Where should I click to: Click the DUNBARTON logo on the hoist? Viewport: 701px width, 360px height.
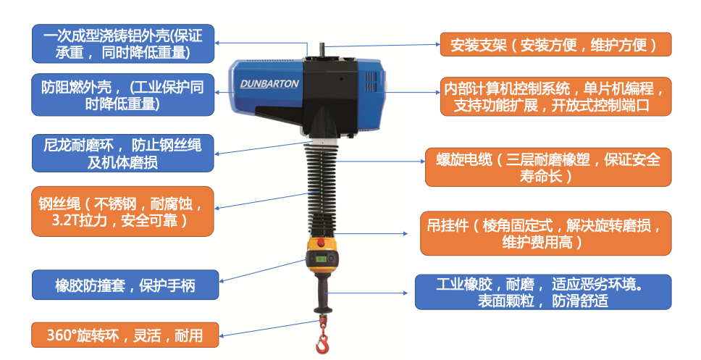click(x=269, y=83)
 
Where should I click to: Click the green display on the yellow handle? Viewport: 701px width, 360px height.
click(x=322, y=259)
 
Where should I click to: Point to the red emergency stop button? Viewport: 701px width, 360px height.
click(x=321, y=243)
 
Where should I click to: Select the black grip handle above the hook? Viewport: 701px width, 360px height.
click(x=322, y=292)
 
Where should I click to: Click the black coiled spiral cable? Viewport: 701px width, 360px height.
click(x=321, y=188)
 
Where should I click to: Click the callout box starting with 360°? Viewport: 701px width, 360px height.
click(x=125, y=335)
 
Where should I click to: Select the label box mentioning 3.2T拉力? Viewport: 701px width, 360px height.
click(x=122, y=212)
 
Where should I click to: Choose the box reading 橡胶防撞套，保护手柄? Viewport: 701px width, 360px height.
click(x=125, y=285)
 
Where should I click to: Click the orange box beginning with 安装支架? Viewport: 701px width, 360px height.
click(x=555, y=44)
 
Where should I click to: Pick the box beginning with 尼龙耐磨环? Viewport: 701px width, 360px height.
click(x=123, y=153)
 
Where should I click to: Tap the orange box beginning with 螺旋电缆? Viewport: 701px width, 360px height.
click(x=548, y=167)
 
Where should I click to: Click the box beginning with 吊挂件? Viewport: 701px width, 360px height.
click(x=546, y=233)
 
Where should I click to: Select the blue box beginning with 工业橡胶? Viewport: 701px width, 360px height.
click(x=543, y=292)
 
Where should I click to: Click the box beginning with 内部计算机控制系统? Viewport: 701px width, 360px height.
click(x=555, y=96)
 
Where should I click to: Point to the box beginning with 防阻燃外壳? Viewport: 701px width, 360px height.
click(x=123, y=95)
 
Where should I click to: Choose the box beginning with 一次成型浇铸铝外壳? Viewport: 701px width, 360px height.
click(x=123, y=44)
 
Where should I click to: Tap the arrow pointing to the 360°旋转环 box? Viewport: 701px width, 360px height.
click(x=269, y=328)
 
